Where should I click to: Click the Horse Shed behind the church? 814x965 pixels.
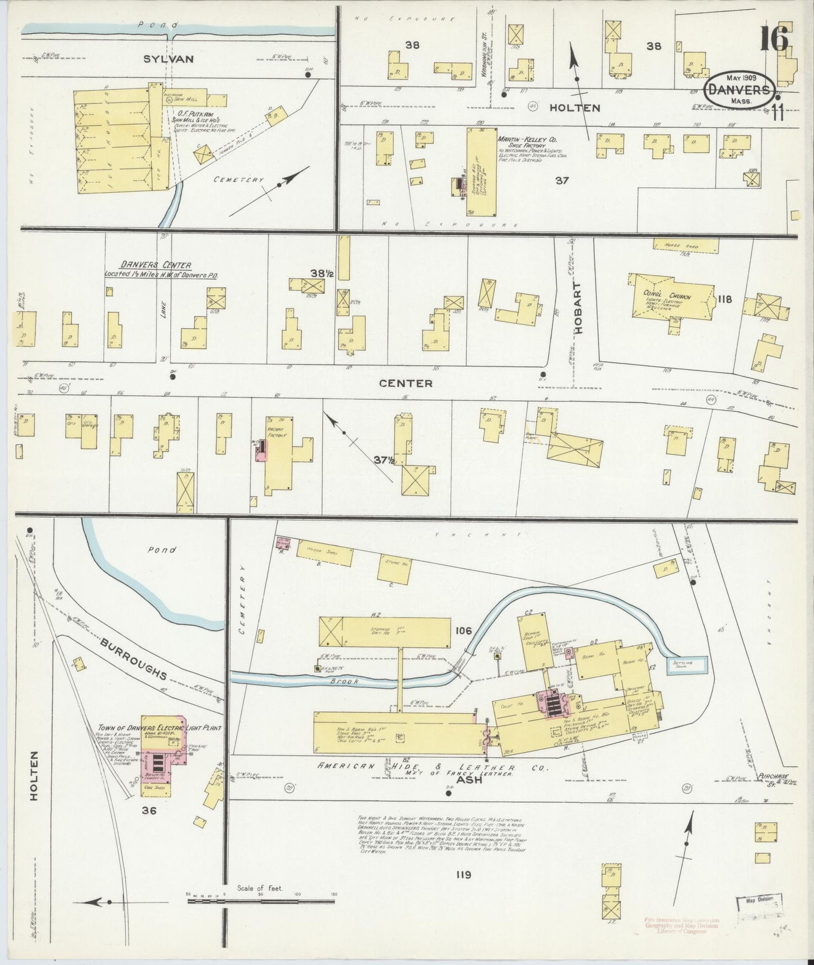click(x=686, y=246)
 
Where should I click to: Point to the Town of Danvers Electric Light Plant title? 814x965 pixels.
click(x=142, y=727)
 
